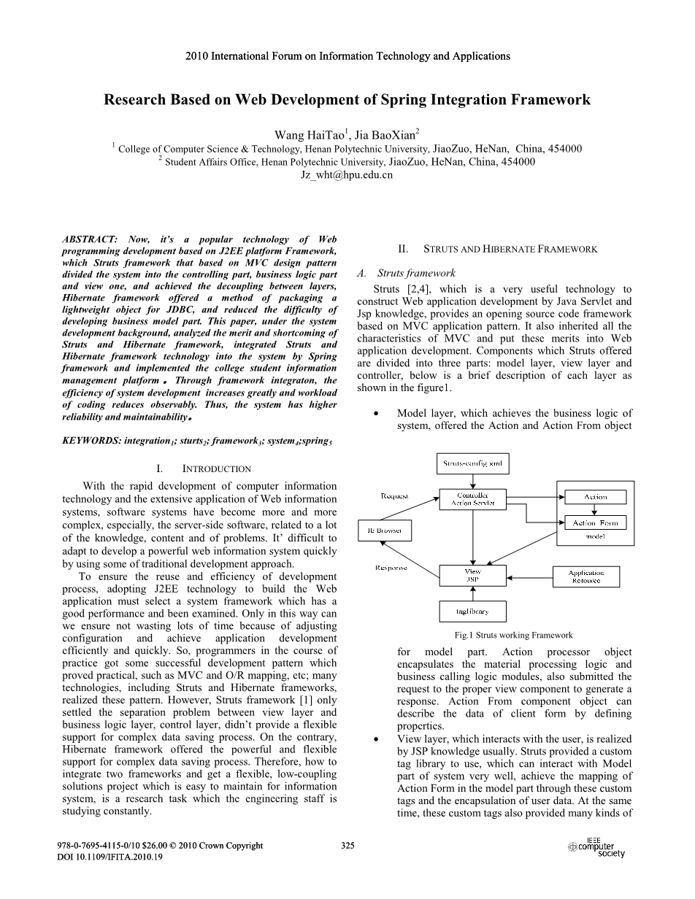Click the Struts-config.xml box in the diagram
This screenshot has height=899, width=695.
[x=472, y=463]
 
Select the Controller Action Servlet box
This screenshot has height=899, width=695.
[x=472, y=499]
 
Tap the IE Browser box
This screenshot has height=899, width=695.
[x=385, y=530]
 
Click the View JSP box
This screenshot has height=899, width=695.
[x=472, y=575]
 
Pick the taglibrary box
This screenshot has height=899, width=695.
[x=472, y=611]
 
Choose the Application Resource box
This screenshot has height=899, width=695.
[x=586, y=576]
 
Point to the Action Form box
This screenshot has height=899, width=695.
[x=595, y=523]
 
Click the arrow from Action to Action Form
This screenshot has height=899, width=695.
[x=595, y=510]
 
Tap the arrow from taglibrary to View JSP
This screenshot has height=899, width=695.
[x=472, y=593]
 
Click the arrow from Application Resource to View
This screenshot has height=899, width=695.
[x=529, y=576]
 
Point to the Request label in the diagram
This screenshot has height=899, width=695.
[x=394, y=497]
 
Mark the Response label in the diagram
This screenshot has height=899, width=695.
[x=391, y=567]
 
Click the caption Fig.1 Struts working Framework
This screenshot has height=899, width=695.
[x=513, y=635]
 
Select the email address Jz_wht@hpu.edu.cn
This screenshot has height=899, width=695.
[x=347, y=175]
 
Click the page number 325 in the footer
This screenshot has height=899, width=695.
[x=347, y=846]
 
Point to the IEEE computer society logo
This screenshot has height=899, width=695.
[x=597, y=848]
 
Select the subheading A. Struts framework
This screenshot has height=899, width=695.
[x=406, y=274]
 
